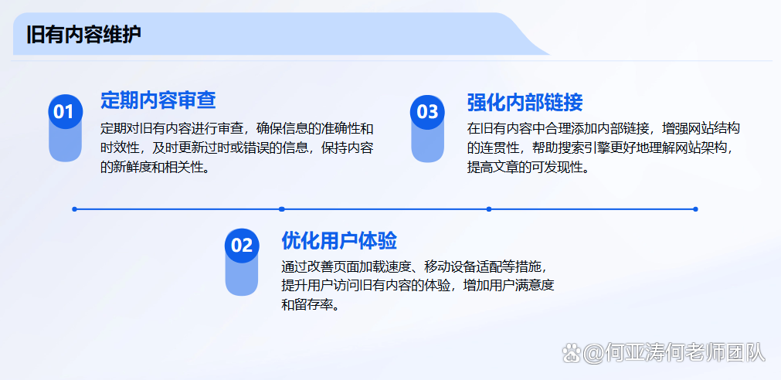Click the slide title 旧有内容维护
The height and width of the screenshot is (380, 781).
click(x=83, y=36)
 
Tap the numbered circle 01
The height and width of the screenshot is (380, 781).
click(x=65, y=111)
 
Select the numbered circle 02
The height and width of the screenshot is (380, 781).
click(x=242, y=245)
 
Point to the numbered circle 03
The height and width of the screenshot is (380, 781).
click(x=427, y=111)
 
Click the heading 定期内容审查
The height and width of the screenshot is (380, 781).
click(x=158, y=100)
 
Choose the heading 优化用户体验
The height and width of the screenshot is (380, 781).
click(x=339, y=240)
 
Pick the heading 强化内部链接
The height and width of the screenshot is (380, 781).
click(x=525, y=103)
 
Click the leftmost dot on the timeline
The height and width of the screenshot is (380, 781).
click(x=75, y=209)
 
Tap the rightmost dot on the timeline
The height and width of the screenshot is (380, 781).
click(x=695, y=209)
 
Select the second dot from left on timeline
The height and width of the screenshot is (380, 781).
click(x=281, y=209)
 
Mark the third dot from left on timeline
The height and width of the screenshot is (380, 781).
click(x=489, y=209)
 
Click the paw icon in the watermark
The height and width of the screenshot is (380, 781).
click(x=572, y=353)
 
